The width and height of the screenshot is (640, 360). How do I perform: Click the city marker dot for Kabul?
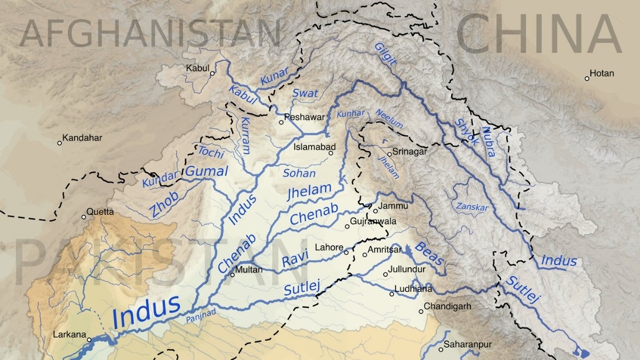212,74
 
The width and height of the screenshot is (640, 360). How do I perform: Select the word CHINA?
539,33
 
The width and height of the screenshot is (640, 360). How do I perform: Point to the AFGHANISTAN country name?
150,33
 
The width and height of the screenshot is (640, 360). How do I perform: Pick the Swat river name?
305,93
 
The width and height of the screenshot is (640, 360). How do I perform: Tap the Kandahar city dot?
59,143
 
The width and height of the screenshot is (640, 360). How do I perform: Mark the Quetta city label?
100,212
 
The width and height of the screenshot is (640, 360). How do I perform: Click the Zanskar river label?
472,206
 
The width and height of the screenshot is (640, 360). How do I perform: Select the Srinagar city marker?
389,154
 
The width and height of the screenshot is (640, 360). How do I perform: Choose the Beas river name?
429,253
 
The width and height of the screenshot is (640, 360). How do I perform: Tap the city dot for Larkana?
89,339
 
